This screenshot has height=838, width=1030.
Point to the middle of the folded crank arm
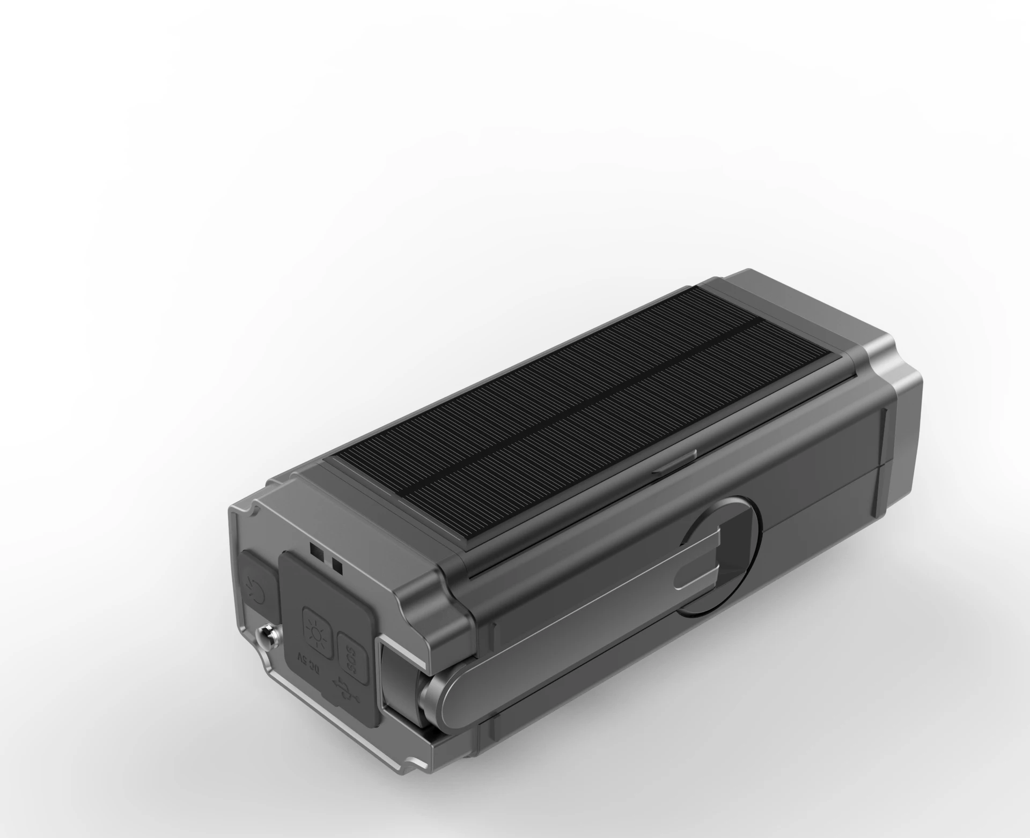click(563, 627)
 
